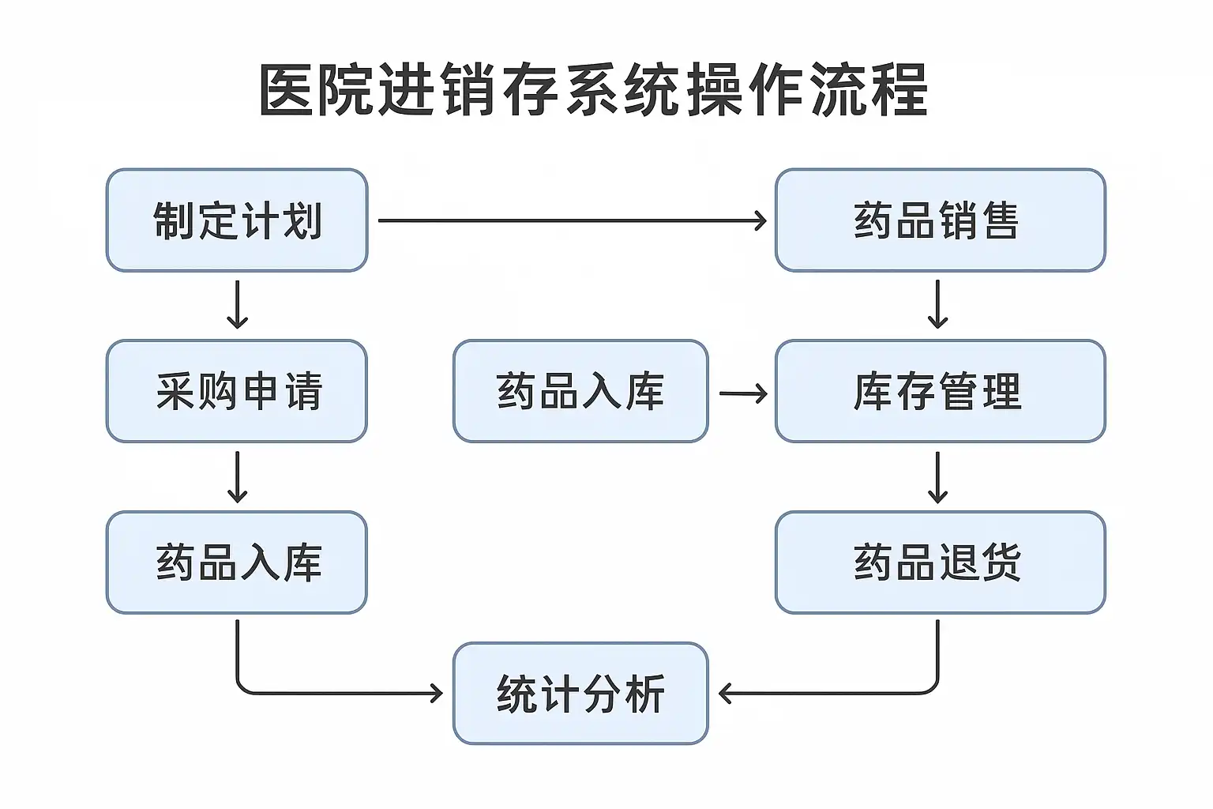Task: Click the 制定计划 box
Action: [x=237, y=220]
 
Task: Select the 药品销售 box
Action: [x=940, y=220]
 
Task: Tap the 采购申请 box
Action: [x=237, y=391]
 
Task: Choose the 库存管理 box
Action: [x=940, y=391]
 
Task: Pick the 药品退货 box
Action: [x=940, y=562]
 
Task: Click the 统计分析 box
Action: [x=580, y=693]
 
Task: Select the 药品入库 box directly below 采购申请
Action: [x=237, y=562]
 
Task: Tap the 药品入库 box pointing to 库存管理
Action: [x=580, y=391]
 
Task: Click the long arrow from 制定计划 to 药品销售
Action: [x=573, y=220]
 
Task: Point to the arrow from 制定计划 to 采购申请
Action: [x=237, y=304]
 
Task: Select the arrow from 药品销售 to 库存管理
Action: [x=937, y=304]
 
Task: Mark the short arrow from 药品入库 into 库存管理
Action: [x=743, y=393]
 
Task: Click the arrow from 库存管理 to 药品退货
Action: [x=937, y=477]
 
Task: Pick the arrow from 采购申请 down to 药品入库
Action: [x=237, y=477]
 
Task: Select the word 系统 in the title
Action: [x=622, y=90]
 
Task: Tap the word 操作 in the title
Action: [x=745, y=90]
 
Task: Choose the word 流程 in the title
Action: [x=869, y=90]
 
